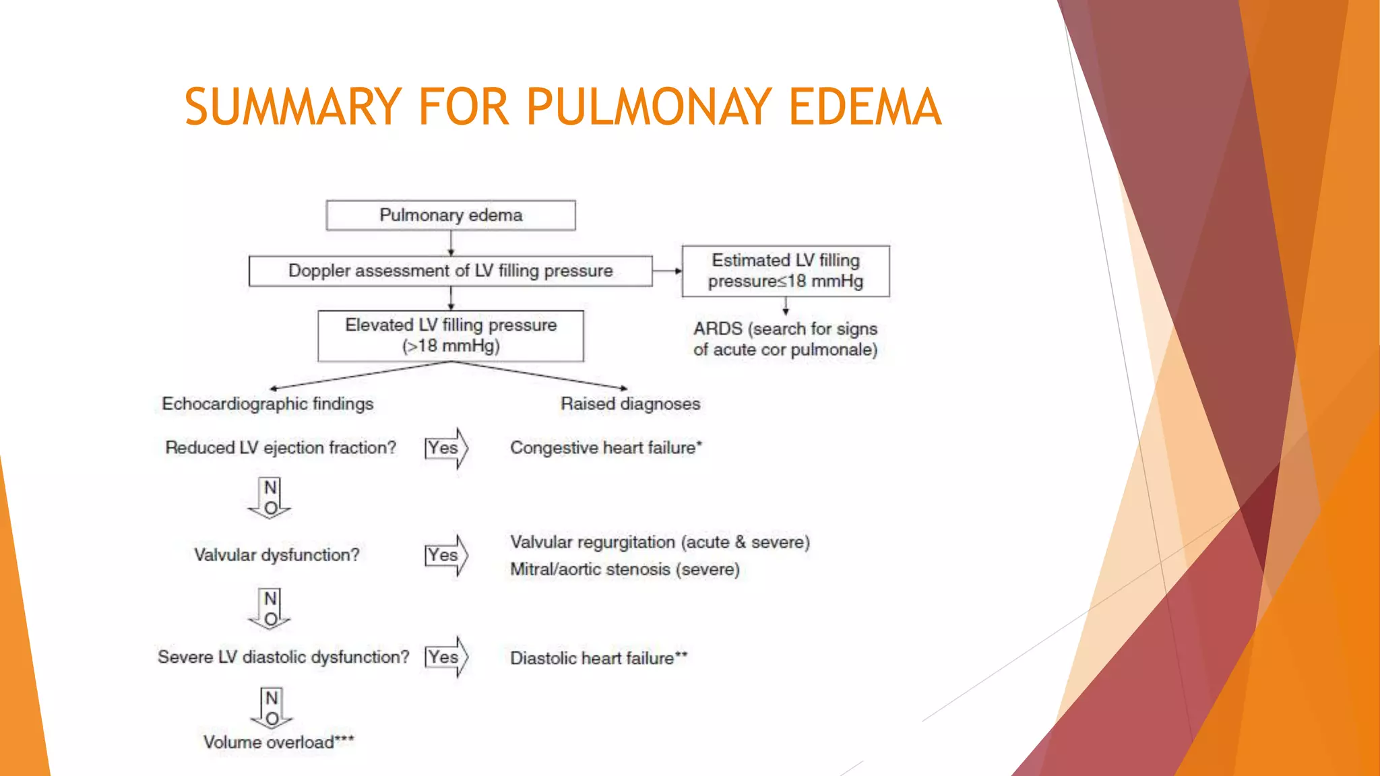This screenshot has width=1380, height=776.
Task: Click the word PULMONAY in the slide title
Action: (649, 107)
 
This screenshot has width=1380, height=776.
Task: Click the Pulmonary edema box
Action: (451, 216)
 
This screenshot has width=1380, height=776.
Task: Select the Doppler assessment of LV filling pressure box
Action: (450, 271)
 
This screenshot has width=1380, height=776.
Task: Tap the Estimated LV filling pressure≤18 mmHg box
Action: (786, 271)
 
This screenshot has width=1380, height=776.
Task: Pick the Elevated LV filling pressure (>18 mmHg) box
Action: (451, 335)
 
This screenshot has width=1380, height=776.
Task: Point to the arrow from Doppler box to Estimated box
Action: (668, 271)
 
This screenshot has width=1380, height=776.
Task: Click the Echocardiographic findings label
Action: (268, 403)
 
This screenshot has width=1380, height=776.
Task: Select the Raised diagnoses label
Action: (630, 403)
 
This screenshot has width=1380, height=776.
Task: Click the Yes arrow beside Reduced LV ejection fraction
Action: (446, 448)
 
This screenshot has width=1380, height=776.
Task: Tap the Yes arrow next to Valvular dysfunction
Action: (446, 555)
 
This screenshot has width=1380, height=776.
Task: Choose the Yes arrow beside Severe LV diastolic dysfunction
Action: (446, 657)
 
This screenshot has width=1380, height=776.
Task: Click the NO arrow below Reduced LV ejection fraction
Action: (270, 498)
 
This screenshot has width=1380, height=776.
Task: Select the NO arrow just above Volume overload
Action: (272, 709)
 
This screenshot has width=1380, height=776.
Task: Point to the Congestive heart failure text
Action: (605, 448)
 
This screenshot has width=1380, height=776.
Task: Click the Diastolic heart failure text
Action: (598, 658)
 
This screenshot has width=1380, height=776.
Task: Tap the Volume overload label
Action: (278, 742)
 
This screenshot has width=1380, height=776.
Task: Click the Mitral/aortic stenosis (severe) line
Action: (625, 570)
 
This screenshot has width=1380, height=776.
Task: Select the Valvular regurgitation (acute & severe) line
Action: (660, 542)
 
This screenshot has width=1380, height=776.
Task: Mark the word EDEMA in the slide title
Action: (865, 107)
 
